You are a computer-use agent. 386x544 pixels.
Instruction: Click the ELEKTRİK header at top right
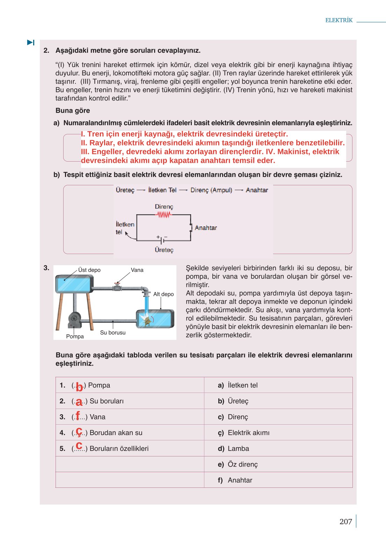coord(338,20)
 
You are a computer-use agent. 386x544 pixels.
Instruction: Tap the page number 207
coord(345,521)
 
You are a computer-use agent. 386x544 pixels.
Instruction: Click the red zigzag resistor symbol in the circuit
coord(164,215)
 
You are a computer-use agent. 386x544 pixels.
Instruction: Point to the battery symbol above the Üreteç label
coord(162,240)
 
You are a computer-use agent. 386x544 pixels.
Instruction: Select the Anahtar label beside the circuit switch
coord(206,228)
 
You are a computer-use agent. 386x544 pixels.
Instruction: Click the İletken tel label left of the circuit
coord(125,228)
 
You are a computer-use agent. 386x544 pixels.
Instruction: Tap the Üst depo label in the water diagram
coord(89,270)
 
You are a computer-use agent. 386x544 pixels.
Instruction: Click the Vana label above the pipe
coord(137,270)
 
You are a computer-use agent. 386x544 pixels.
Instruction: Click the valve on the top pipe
coord(117,287)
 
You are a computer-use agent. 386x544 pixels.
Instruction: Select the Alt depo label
coord(163,294)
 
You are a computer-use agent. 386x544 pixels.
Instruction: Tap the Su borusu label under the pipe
coord(112,333)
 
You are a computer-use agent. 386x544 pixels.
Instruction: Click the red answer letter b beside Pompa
coord(79,387)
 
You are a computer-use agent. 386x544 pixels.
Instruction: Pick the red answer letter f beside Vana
coord(78,416)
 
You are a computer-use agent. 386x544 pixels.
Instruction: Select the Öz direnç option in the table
coord(242,464)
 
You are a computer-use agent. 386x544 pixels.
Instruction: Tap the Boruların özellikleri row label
coord(119,448)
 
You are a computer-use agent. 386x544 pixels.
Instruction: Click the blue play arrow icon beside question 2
coord(31,43)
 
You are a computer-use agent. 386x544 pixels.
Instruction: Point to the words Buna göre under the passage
coord(73,111)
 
